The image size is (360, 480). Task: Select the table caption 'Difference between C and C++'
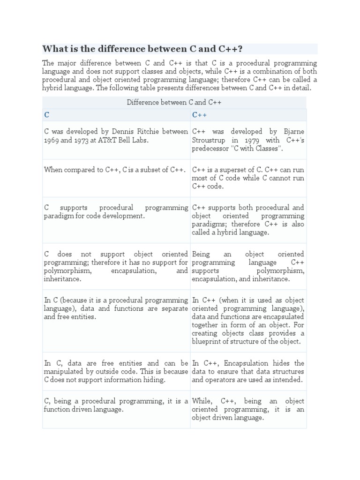(174, 102)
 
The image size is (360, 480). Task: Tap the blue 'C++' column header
(199, 115)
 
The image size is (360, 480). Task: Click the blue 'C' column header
(46, 115)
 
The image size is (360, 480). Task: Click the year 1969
(52, 141)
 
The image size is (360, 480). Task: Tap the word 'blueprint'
(208, 342)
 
